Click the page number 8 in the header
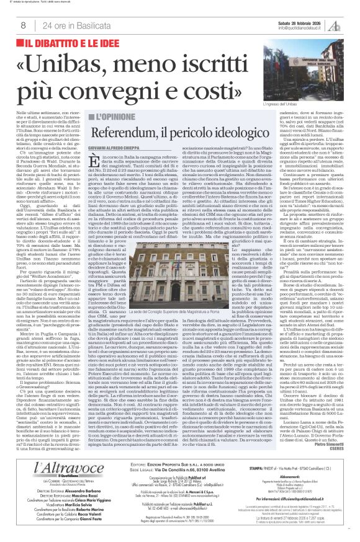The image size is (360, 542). [22, 25]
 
